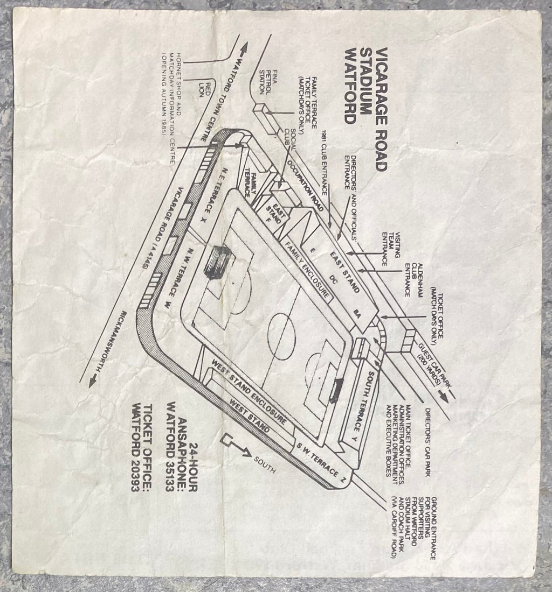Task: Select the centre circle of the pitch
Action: point(282,327)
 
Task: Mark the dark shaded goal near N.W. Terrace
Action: point(218,262)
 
